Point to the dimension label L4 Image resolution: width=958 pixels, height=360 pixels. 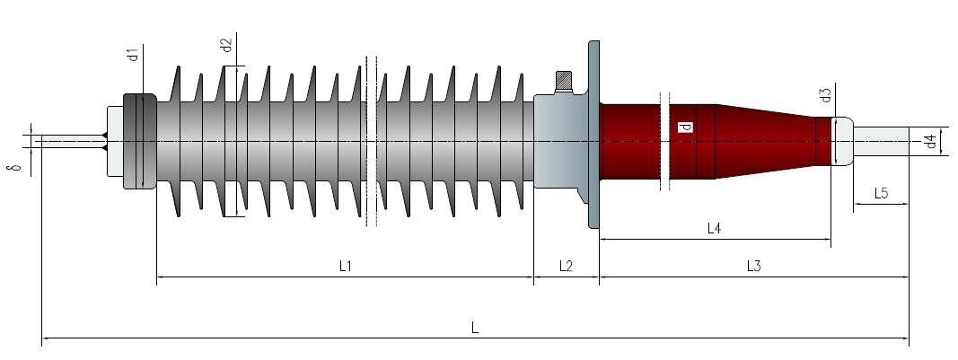coord(714,229)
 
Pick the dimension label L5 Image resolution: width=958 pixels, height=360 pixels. coord(881,194)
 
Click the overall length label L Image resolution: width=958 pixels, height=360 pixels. coord(475,328)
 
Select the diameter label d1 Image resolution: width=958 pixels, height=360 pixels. coord(133,54)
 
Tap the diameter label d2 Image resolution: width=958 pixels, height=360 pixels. coord(226,45)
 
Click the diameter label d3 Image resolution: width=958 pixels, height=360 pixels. coord(825,95)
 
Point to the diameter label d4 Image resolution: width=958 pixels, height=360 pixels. coord(930,143)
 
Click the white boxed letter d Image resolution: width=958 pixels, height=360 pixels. coord(686,127)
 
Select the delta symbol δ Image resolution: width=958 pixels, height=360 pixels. coord(17,166)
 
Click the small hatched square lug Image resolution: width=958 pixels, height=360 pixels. coord(563,81)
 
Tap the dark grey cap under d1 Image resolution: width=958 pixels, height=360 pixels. coord(140,141)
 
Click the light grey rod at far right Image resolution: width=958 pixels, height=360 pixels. coord(881,141)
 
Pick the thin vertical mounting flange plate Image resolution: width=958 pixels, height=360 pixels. coord(593,135)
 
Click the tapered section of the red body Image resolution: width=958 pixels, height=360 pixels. coord(765,141)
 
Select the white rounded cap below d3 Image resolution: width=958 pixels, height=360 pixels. coord(843,141)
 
